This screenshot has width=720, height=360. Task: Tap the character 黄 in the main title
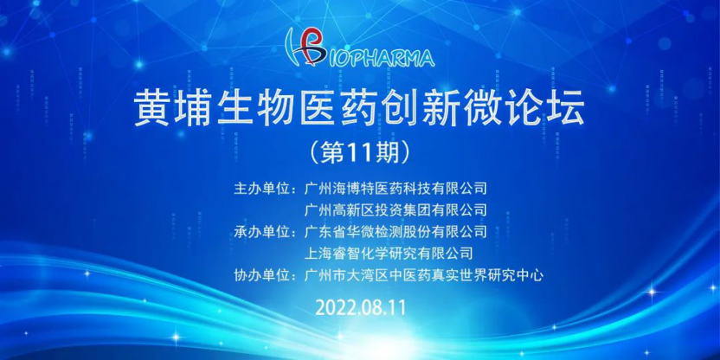tap(152, 109)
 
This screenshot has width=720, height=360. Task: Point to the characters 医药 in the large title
tap(338, 109)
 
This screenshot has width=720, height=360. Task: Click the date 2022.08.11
tap(361, 308)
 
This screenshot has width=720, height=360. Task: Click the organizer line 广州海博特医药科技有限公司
tap(395, 189)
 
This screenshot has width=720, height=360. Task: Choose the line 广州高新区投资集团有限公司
tap(395, 210)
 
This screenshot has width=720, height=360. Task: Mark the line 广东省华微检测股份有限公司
tap(395, 231)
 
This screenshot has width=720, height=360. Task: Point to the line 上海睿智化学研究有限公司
tap(389, 253)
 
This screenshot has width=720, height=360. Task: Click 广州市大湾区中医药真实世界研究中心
tap(424, 275)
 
